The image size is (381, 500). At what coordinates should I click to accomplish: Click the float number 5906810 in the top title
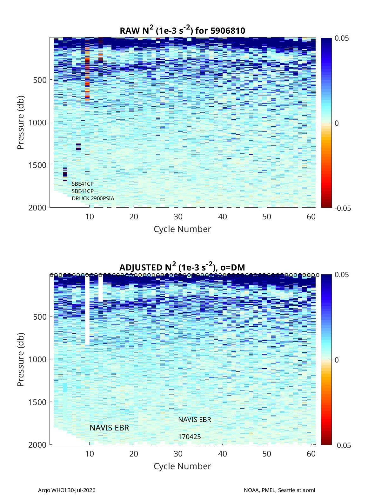(x=227, y=31)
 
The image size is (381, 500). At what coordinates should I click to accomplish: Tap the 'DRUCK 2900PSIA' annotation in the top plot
(x=93, y=198)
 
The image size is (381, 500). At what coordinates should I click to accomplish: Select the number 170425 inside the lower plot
(x=189, y=437)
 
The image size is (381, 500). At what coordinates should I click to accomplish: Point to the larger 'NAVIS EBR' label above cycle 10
(x=109, y=428)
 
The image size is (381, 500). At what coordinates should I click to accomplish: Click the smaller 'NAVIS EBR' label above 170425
(x=195, y=420)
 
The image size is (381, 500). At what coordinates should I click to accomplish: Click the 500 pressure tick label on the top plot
(x=40, y=80)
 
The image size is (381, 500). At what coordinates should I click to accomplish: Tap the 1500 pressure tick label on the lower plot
(x=37, y=402)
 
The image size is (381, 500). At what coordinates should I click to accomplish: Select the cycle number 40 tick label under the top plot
(x=222, y=217)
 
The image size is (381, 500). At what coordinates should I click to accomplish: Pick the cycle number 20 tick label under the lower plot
(x=134, y=454)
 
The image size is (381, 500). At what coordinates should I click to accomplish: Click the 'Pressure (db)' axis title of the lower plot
(x=21, y=360)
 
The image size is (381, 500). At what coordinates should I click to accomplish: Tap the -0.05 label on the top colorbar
(x=343, y=208)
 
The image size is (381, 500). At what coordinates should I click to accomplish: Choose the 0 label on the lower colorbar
(x=337, y=360)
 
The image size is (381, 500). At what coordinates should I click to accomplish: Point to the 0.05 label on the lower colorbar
(x=342, y=275)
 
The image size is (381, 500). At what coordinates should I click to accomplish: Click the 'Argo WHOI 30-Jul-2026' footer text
(x=67, y=490)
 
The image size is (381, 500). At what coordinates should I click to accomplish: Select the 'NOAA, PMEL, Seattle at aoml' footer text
(x=279, y=490)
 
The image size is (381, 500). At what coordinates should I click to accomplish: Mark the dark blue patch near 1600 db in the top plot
(x=65, y=174)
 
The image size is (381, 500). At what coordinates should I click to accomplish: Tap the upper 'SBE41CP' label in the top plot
(x=83, y=184)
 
